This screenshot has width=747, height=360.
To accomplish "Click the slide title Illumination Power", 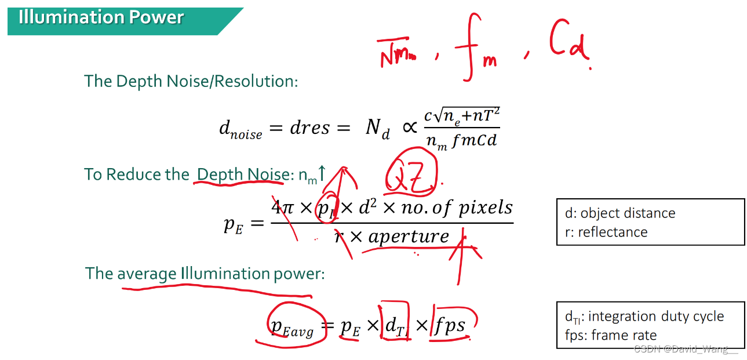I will [x=101, y=17].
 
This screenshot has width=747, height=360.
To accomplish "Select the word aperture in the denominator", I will [x=409, y=236].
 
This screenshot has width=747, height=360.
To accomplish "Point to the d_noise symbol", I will [x=240, y=129].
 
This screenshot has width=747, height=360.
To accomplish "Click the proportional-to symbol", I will [x=409, y=128].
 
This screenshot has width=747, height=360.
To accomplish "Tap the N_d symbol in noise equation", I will [x=377, y=128].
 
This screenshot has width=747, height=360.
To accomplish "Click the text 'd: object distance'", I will [x=620, y=213].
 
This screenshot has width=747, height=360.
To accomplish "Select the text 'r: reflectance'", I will [x=606, y=232].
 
